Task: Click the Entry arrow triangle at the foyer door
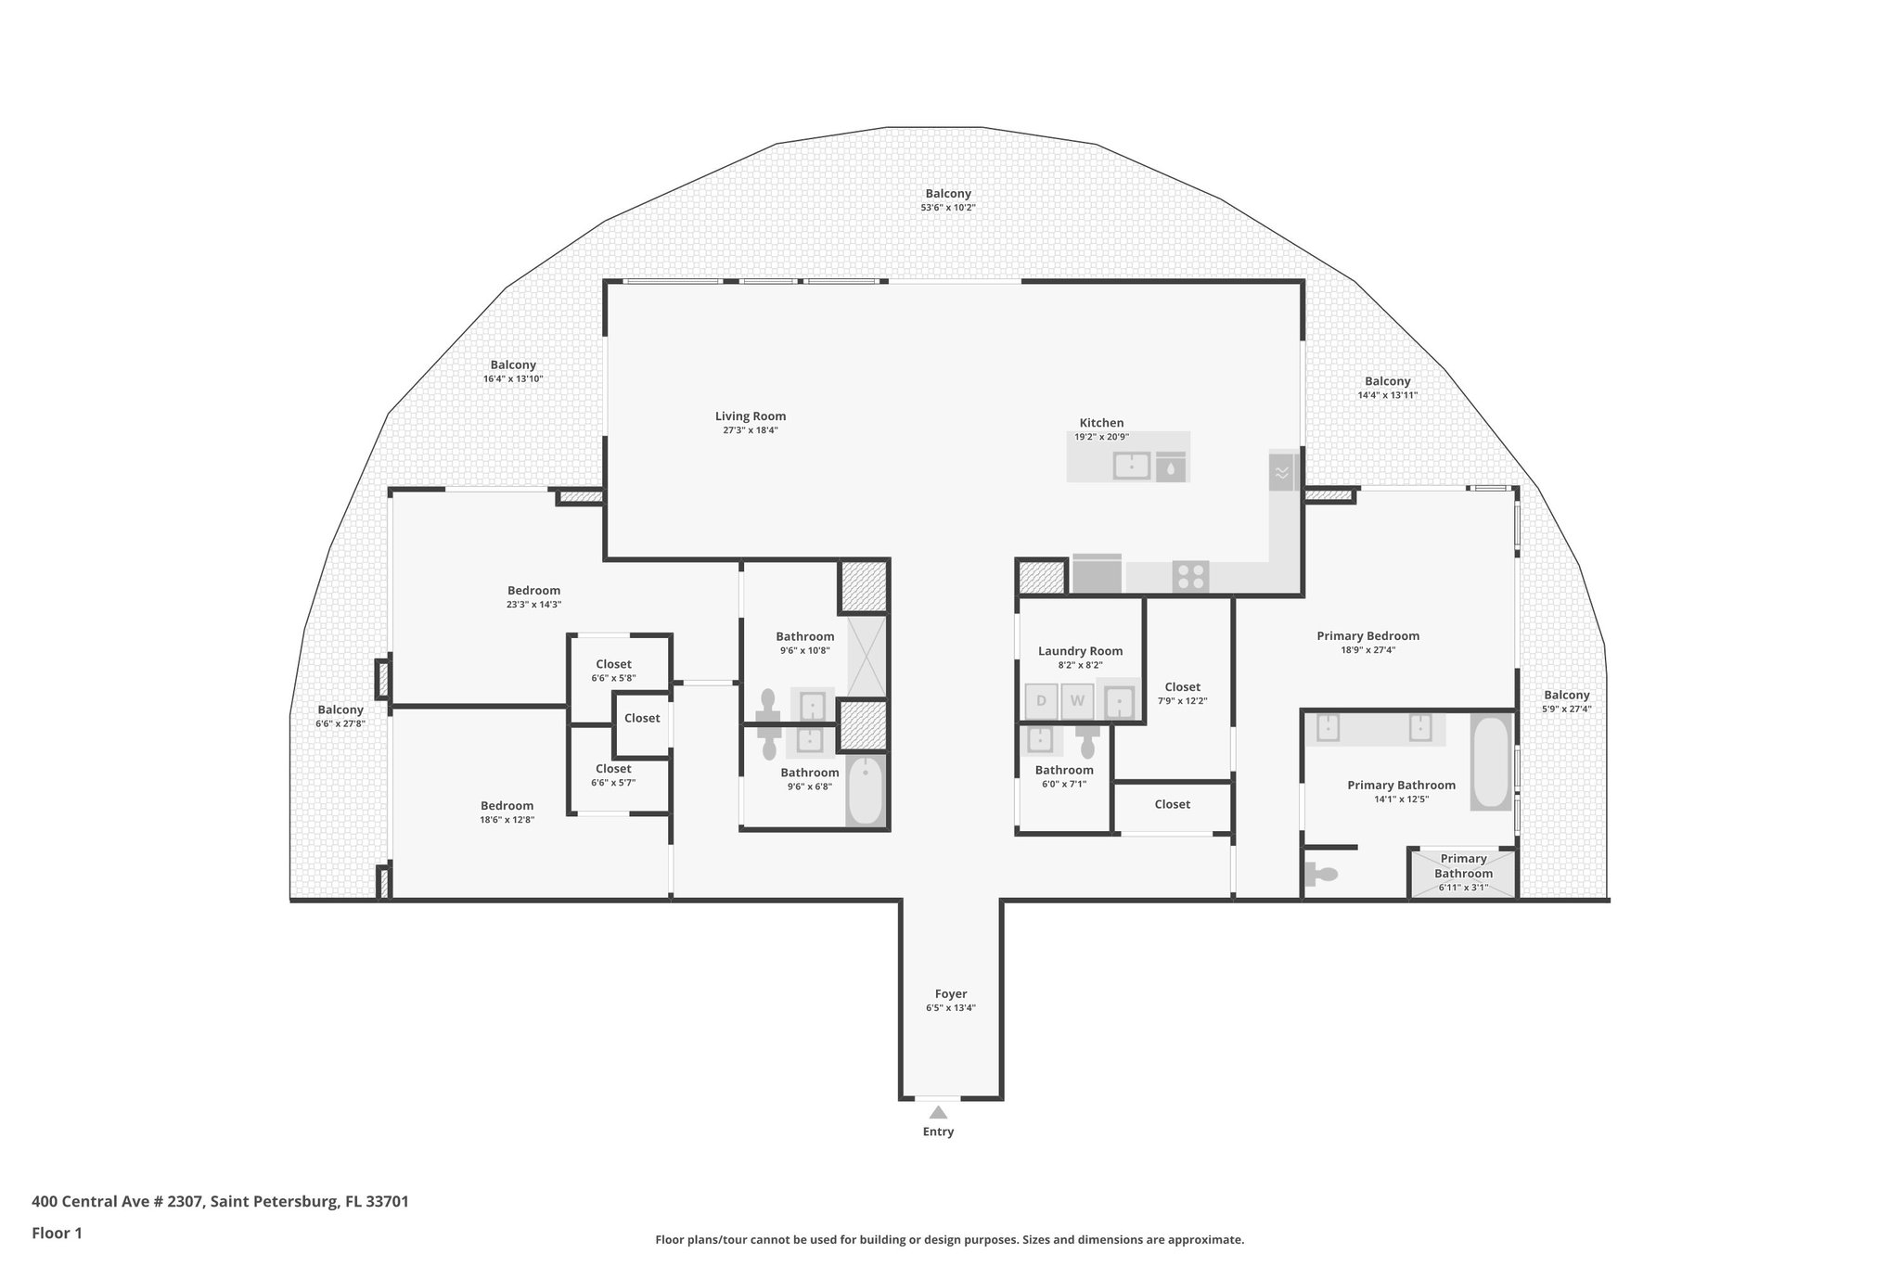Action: point(938,1112)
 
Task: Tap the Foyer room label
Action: point(950,993)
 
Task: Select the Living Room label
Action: point(750,416)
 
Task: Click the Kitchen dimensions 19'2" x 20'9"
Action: point(1101,437)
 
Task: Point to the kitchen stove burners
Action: point(1190,576)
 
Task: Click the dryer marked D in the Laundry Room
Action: point(1041,701)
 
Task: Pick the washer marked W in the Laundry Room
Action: point(1077,701)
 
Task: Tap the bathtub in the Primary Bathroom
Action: point(1491,762)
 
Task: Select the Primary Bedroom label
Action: point(1367,635)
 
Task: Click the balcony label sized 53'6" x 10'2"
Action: point(947,194)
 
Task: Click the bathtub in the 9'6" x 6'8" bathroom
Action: point(867,790)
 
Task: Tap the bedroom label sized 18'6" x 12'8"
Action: point(507,806)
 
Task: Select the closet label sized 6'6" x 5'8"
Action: point(613,664)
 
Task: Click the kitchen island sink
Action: point(1132,465)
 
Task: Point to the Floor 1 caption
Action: point(57,1234)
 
